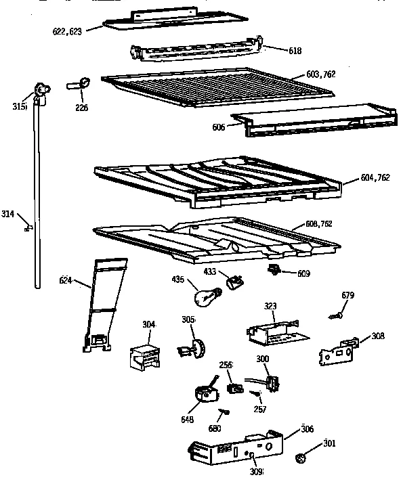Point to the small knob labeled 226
[x=81, y=85]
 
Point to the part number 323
[x=270, y=306]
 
